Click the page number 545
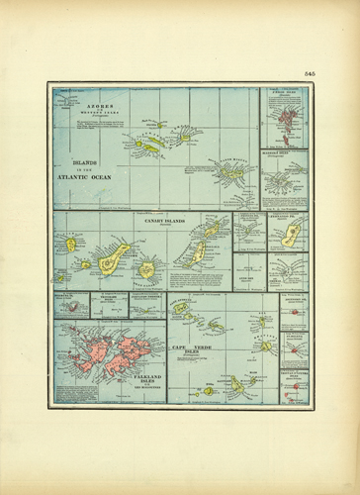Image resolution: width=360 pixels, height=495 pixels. [x=309, y=75]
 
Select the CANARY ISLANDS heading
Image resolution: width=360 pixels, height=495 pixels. [x=166, y=222]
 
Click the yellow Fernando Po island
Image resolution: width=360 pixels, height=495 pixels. [x=291, y=236]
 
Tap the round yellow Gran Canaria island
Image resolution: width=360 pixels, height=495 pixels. [x=147, y=268]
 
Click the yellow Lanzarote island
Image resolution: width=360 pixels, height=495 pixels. [x=212, y=231]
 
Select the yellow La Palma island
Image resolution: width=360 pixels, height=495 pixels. [x=70, y=244]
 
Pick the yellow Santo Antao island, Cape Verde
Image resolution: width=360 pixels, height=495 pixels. [x=181, y=308]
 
